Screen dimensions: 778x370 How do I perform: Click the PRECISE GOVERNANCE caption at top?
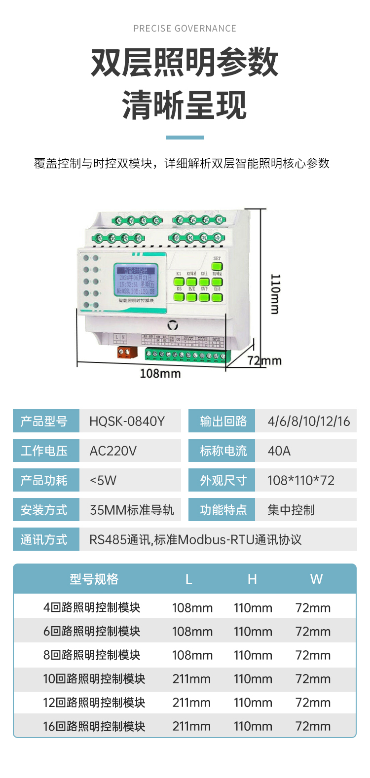tap(185, 29)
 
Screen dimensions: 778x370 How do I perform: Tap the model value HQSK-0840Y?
tap(127, 422)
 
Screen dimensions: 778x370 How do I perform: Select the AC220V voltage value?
tap(113, 451)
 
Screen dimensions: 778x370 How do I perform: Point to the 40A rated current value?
tap(279, 451)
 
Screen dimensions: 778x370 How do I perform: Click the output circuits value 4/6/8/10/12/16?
tap(308, 422)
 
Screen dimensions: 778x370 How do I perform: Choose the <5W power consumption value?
tap(103, 481)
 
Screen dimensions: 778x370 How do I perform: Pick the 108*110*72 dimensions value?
tap(300, 481)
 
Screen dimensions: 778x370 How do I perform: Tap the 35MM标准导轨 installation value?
tap(132, 510)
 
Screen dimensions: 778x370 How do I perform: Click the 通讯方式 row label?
tap(44, 540)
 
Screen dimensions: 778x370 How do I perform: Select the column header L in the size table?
tap(188, 579)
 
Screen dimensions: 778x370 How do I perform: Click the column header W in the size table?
tap(316, 579)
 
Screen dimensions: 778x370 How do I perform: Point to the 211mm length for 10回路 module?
tap(191, 679)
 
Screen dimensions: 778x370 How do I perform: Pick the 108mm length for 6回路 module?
tap(192, 632)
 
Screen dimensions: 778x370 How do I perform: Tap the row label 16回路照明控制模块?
tap(94, 726)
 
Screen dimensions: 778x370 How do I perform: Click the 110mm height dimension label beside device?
tap(275, 294)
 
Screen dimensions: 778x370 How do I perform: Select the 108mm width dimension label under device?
tap(160, 374)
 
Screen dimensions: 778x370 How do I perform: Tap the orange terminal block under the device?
tap(124, 352)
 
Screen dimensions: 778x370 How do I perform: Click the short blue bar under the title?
tap(185, 138)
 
